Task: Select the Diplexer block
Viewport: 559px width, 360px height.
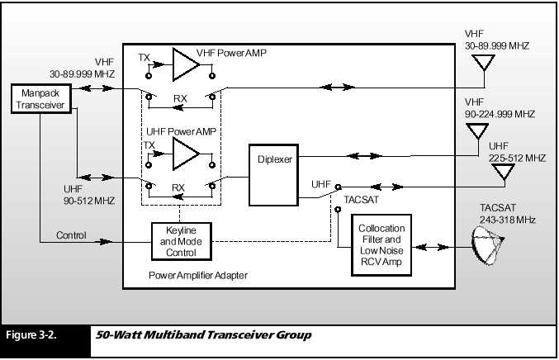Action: (x=273, y=176)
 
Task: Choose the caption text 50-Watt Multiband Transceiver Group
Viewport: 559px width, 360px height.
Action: (x=205, y=336)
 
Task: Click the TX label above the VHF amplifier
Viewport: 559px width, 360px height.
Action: (x=144, y=58)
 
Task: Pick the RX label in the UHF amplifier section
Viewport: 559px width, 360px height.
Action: (x=178, y=187)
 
